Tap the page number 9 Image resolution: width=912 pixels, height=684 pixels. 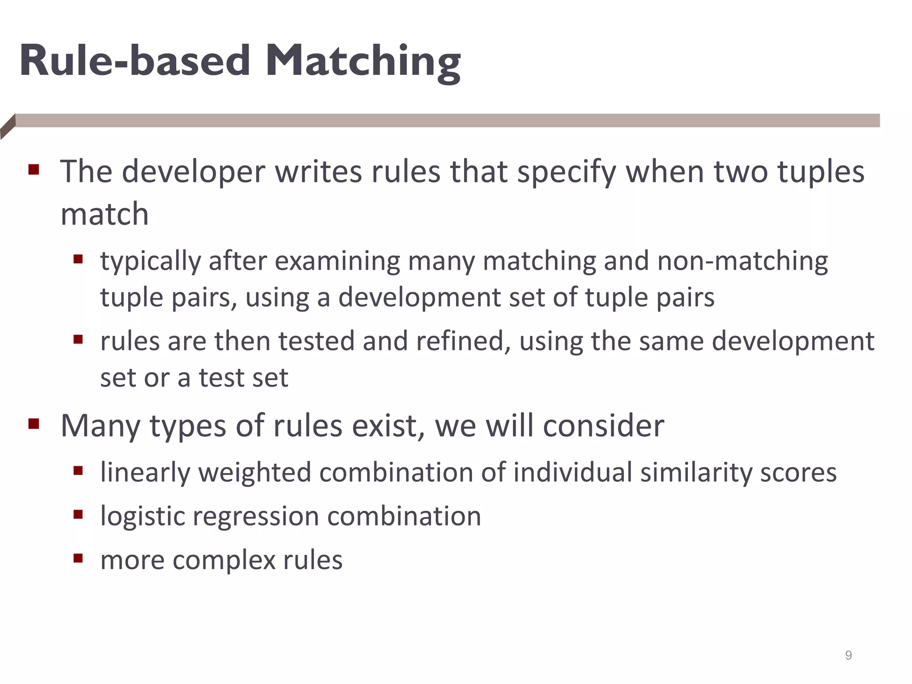point(848,655)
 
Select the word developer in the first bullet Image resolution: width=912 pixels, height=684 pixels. point(193,172)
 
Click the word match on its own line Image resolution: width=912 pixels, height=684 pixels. point(104,214)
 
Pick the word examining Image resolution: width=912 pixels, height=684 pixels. point(337,261)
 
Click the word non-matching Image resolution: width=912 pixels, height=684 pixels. point(742,261)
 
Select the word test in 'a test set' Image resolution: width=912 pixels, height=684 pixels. point(221,378)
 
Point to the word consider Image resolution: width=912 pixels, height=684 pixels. point(603,426)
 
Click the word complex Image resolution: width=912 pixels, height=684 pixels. point(224,560)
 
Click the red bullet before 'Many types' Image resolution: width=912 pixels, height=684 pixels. point(34,423)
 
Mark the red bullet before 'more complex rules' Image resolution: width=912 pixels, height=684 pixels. point(78,558)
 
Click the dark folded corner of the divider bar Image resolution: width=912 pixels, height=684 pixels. point(8,126)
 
